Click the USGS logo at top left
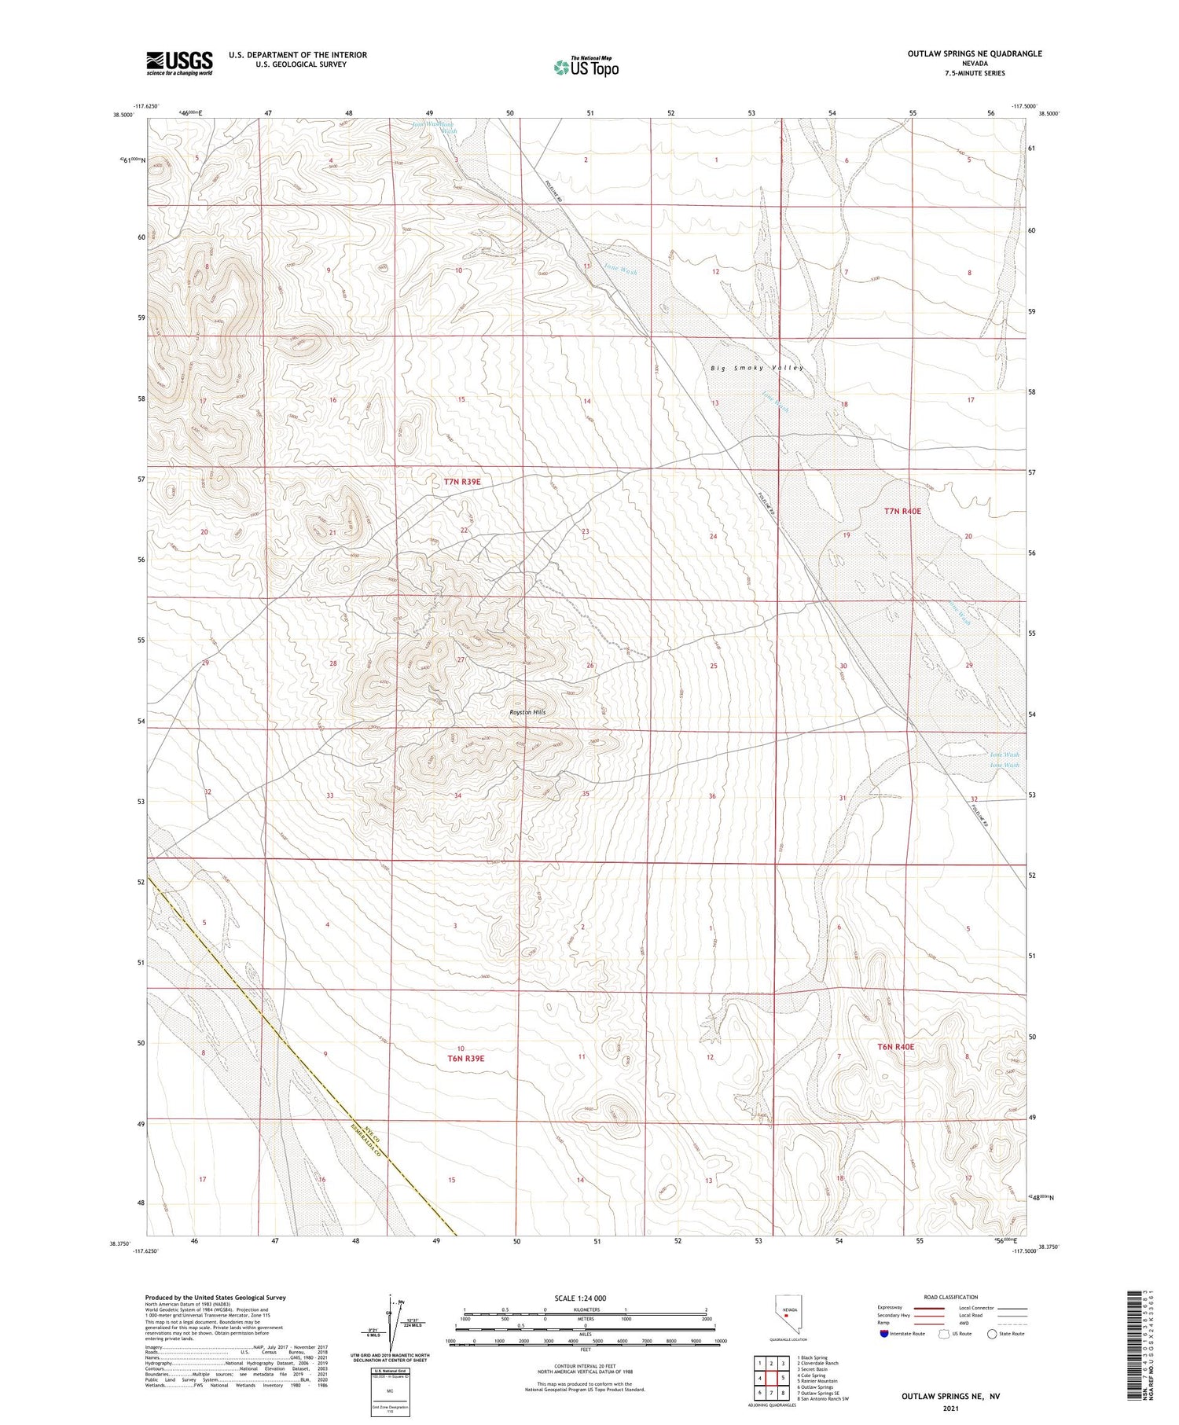tap(178, 62)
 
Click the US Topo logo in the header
tap(586, 68)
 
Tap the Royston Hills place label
tap(527, 712)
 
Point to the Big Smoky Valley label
tap(757, 368)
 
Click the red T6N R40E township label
tap(896, 1047)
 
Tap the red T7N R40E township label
tap(902, 511)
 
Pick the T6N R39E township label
tap(466, 1058)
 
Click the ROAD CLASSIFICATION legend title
tap(951, 1297)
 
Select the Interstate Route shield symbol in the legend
tap(883, 1334)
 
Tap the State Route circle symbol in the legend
tap(992, 1334)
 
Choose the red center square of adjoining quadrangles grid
tap(772, 1377)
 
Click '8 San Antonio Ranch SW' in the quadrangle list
tap(823, 1398)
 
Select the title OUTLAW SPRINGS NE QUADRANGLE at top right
tap(975, 53)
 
